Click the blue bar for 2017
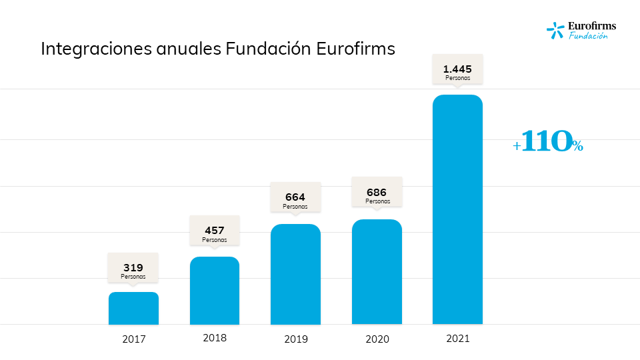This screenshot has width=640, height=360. (133, 308)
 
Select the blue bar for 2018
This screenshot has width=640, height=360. (215, 291)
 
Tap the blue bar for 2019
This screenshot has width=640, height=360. (295, 274)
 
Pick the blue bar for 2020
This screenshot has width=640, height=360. (377, 272)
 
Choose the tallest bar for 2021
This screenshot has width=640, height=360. (457, 209)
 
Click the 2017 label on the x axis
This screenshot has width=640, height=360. (133, 339)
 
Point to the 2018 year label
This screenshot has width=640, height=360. (215, 337)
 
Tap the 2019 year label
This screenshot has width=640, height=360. (295, 339)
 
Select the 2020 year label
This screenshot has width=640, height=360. (377, 339)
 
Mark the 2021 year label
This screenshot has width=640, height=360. (457, 338)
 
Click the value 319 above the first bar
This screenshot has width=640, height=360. (133, 267)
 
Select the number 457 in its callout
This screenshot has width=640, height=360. (215, 231)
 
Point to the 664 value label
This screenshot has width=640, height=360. (295, 197)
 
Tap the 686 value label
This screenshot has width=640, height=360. (377, 192)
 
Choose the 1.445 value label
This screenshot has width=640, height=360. (457, 68)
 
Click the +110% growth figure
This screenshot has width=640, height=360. (548, 141)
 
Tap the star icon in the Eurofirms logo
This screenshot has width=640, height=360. (555, 29)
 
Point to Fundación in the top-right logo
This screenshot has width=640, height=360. (588, 36)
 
